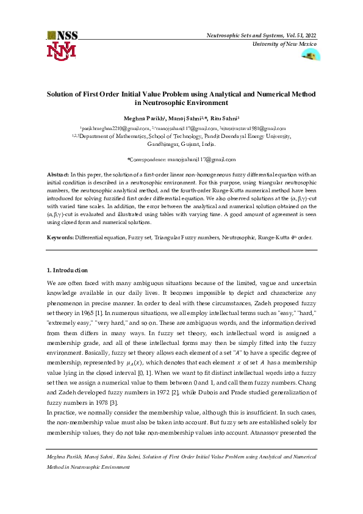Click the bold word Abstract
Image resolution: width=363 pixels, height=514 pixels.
tap(59, 175)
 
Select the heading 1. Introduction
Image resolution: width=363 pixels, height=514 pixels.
tap(67, 270)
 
